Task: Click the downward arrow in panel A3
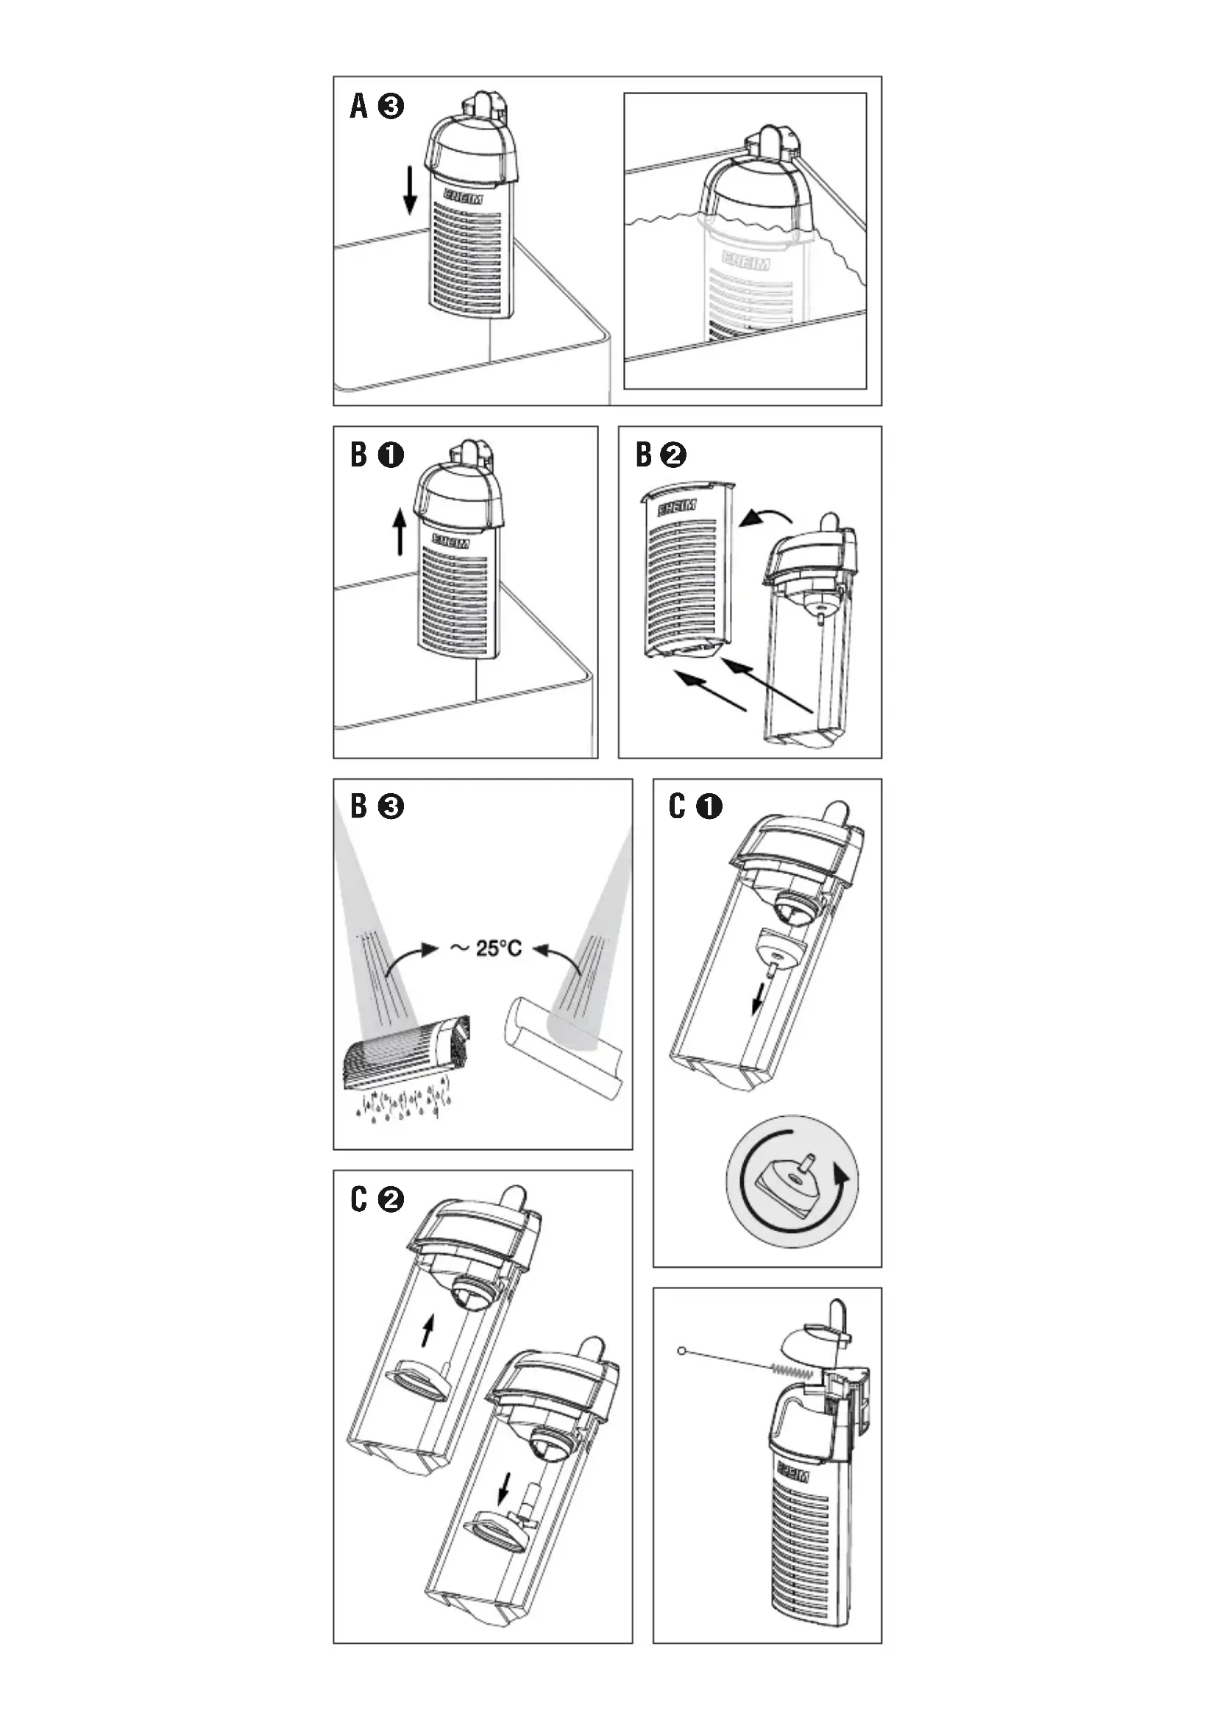point(410,191)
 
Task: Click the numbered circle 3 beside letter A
point(391,107)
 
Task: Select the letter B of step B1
point(359,455)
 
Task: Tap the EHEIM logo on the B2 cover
point(677,508)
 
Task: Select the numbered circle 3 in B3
point(391,806)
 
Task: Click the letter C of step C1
point(677,806)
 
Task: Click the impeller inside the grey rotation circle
point(790,1179)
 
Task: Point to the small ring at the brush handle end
point(681,1351)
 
